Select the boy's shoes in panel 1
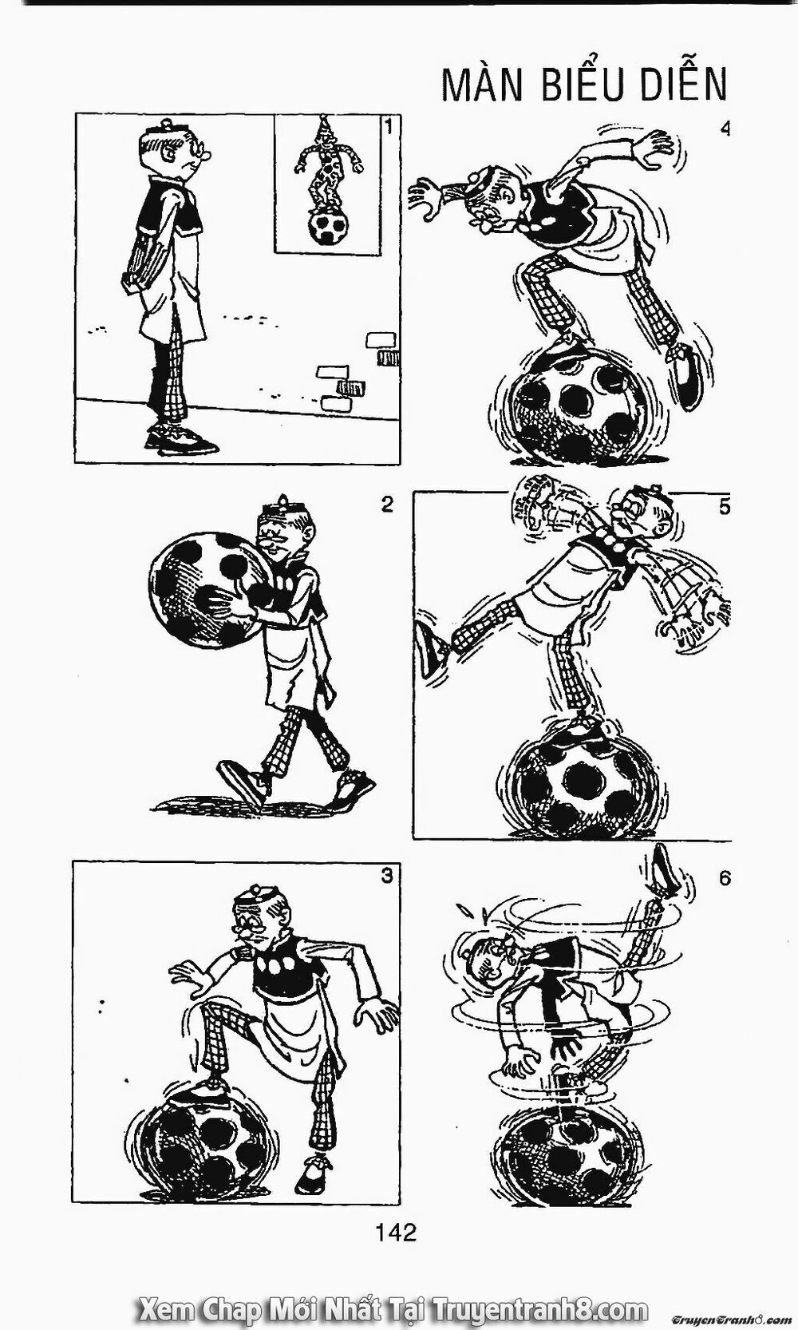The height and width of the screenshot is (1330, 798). pyautogui.click(x=182, y=438)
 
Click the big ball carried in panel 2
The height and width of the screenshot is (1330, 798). pyautogui.click(x=207, y=590)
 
